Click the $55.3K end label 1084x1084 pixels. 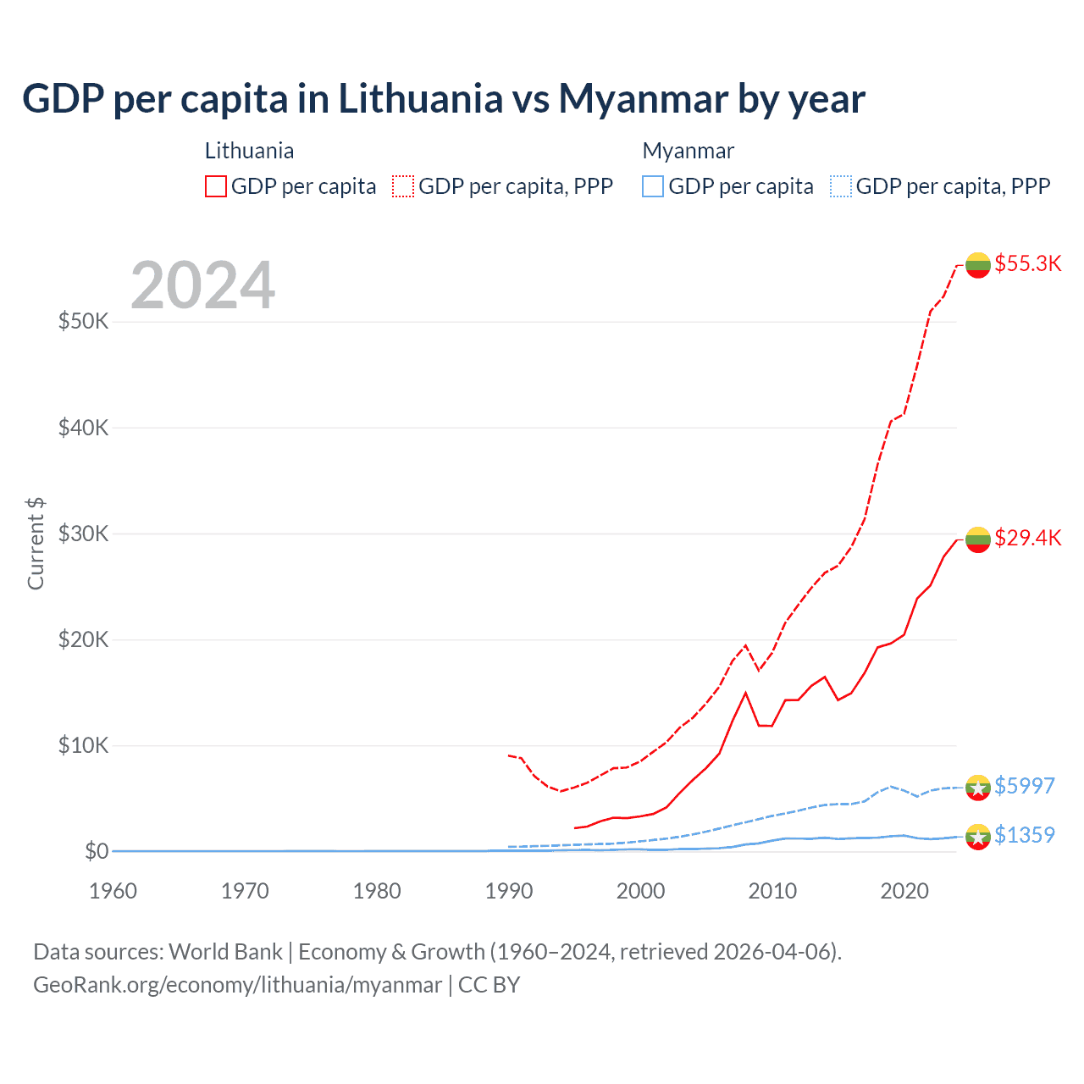pos(1027,263)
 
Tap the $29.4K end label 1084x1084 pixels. pos(1027,538)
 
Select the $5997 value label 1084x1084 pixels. pos(1024,786)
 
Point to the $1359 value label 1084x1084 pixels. pos(1024,835)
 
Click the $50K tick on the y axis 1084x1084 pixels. pos(83,322)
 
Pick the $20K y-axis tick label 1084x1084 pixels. pos(83,639)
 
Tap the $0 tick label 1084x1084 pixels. pos(97,851)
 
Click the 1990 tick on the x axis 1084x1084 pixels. pos(509,891)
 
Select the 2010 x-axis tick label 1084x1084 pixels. pos(772,891)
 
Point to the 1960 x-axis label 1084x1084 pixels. pos(113,891)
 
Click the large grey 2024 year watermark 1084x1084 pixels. pos(202,285)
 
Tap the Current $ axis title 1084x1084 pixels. pos(36,544)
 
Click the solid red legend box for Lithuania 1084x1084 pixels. pos(216,186)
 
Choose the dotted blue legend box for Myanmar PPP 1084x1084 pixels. pos(841,186)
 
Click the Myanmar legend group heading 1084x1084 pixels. pos(688,151)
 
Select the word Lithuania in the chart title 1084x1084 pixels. pos(420,98)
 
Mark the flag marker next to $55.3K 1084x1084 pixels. pos(978,264)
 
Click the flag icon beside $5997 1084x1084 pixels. pos(978,787)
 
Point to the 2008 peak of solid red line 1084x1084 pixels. pos(745,693)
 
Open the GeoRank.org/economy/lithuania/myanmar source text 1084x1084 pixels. pos(237,985)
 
